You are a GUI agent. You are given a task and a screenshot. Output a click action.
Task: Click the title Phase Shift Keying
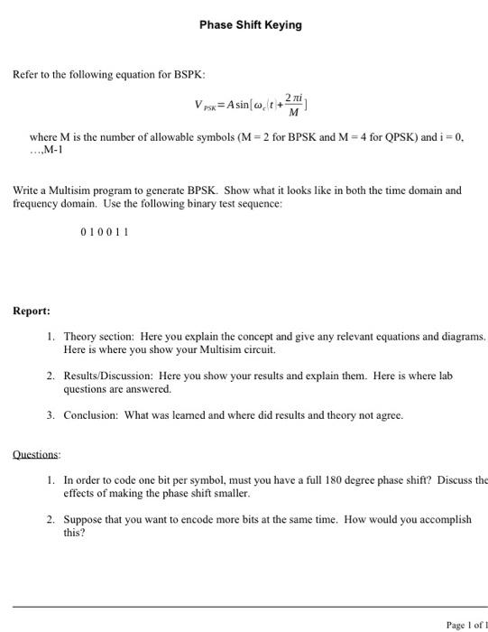pos(251,25)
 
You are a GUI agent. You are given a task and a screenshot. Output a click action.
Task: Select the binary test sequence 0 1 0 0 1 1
pos(105,231)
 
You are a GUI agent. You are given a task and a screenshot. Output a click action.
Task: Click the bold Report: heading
pos(32,311)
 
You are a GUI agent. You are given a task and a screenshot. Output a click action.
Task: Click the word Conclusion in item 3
pos(92,415)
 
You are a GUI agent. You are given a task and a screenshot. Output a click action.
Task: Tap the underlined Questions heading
pos(36,454)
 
